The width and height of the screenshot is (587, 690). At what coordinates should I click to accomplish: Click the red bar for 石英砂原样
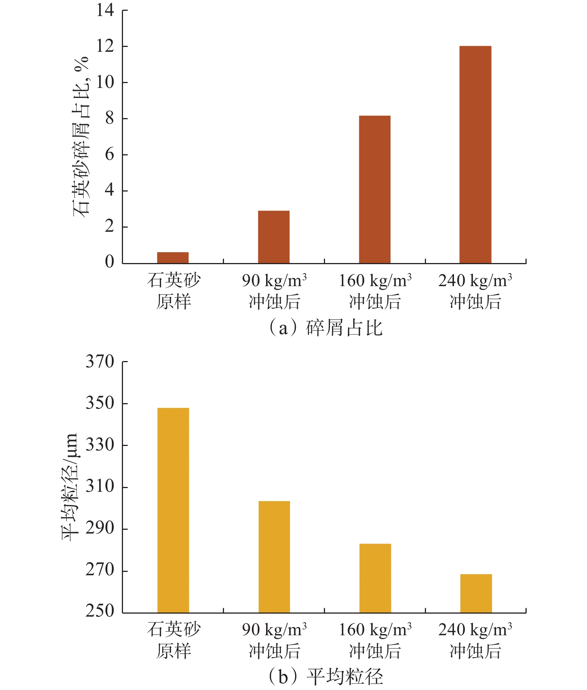coord(173,257)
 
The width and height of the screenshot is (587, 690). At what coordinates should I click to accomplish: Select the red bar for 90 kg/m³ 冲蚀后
coord(274,237)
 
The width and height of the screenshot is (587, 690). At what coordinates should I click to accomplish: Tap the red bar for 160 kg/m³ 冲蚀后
coord(375,189)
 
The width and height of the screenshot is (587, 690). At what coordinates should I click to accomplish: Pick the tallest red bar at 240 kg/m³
coord(475,155)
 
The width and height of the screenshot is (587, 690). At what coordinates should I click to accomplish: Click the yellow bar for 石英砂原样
coord(173,510)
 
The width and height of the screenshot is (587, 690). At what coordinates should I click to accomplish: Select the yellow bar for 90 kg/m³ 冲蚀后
coord(274,557)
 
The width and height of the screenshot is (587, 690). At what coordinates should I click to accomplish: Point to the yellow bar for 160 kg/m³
coord(375,578)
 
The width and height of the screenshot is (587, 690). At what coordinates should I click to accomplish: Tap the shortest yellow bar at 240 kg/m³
coord(476,593)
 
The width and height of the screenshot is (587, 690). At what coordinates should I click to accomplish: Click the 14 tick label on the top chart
coord(105,10)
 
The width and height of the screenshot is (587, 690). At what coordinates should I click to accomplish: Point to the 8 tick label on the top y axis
coord(109,118)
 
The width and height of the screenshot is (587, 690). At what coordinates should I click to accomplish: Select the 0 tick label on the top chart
coord(109,262)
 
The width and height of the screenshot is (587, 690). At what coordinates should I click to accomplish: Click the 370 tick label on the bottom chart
coord(100,361)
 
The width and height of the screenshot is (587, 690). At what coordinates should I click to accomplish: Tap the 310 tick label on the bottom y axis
coord(100,487)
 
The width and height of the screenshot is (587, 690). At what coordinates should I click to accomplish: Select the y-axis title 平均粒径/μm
coord(70,487)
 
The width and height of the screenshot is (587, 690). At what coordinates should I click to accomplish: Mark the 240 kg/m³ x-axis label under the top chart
coord(475,291)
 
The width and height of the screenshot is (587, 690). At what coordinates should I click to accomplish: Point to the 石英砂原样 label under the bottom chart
coord(174,640)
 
